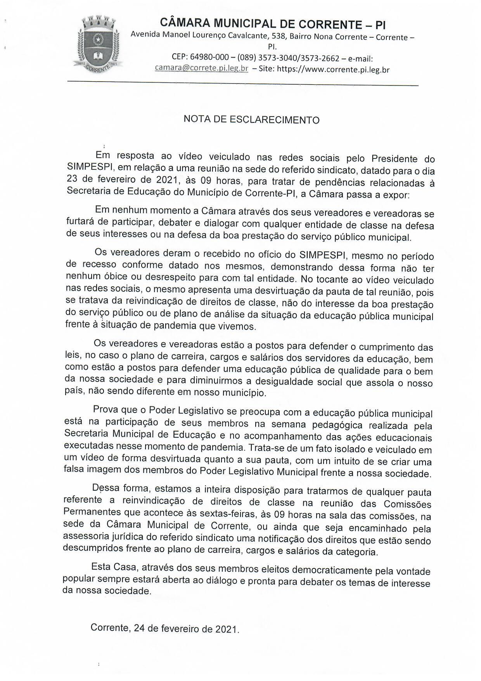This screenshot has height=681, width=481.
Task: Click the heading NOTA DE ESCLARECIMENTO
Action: pyautogui.click(x=251, y=119)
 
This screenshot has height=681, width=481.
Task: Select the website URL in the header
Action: pyautogui.click(x=333, y=70)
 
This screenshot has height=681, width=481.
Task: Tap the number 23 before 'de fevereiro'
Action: pyautogui.click(x=73, y=179)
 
